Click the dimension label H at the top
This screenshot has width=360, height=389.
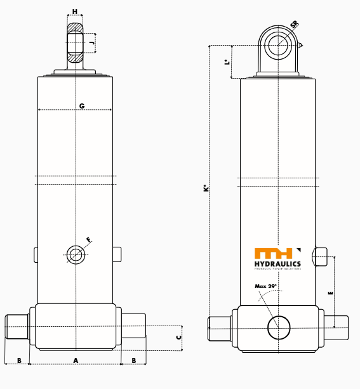click(75, 12)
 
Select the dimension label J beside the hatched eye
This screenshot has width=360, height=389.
click(92, 43)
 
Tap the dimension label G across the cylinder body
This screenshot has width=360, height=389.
click(82, 105)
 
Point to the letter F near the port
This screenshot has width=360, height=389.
click(88, 240)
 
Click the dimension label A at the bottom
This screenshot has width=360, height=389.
click(76, 360)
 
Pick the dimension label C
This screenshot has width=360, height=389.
click(179, 337)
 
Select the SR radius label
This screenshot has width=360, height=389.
click(294, 25)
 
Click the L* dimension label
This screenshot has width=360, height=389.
click(227, 62)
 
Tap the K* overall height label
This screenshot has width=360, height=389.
click(206, 188)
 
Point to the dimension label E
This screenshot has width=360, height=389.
click(330, 293)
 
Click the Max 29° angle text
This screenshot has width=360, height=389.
click(266, 286)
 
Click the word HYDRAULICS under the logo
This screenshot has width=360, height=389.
click(277, 264)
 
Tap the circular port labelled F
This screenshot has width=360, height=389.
click(76, 254)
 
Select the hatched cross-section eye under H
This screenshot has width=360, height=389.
click(76, 44)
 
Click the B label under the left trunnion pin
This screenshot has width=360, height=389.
click(19, 360)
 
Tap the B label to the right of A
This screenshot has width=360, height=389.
click(133, 360)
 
